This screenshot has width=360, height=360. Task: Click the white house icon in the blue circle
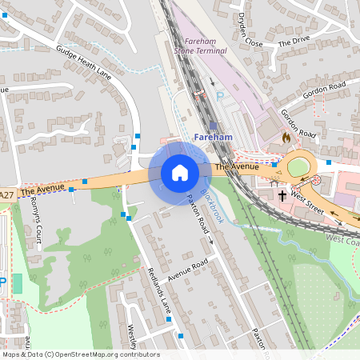(179, 173)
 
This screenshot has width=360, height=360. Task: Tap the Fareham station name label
(213, 138)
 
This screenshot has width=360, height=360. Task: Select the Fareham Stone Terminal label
(205, 46)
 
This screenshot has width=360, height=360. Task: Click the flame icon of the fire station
(285, 138)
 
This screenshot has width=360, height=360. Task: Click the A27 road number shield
(6, 194)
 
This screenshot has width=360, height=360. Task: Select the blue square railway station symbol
(212, 126)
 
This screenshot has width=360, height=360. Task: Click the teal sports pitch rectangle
(17, 283)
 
